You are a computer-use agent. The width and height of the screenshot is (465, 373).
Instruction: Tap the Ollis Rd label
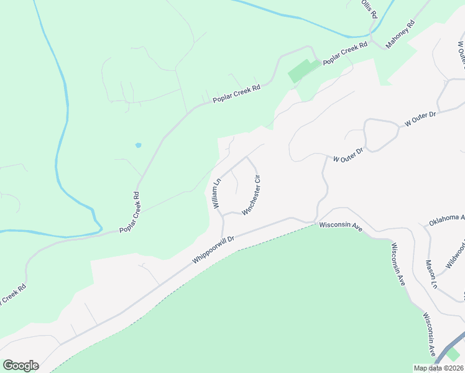370,9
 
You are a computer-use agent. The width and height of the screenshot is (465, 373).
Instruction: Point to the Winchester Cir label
254,195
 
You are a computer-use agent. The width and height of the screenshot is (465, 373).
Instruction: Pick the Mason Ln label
432,274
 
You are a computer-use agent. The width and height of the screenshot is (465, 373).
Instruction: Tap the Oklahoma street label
447,219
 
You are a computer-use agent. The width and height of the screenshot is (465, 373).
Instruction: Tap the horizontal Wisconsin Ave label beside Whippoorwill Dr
341,228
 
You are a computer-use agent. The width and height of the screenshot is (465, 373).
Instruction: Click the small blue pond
137,145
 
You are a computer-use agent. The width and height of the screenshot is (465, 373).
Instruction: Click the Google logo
21,365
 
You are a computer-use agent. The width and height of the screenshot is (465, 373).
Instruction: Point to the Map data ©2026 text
438,368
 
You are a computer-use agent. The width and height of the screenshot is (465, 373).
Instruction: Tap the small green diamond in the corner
454,354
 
